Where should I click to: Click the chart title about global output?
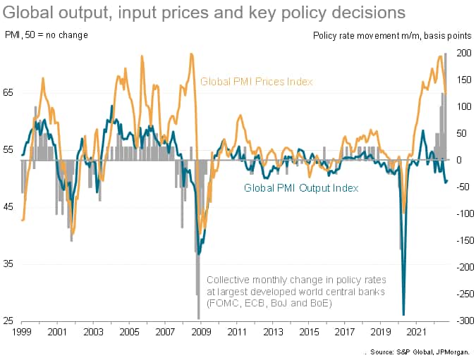pos(205,13)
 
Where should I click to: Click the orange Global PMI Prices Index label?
pos(256,82)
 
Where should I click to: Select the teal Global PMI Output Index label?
pos(301,188)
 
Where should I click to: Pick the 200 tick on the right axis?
pos(462,53)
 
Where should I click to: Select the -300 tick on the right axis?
pos(460,321)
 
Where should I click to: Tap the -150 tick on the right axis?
pos(460,240)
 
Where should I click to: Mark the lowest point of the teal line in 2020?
pos(403,315)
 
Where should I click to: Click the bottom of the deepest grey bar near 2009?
pos(199,318)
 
